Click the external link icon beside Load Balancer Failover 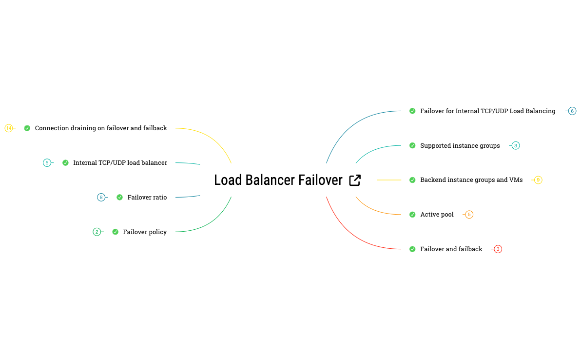point(355,180)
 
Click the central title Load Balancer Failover point(278,180)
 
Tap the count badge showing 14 point(9,128)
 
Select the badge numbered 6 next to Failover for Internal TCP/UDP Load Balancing point(572,111)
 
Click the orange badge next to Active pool point(469,215)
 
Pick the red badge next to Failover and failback point(498,249)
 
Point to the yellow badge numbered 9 point(538,180)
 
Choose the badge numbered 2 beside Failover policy point(97,232)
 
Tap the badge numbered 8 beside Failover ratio point(101,198)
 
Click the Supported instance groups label point(460,146)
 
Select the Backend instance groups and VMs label point(471,180)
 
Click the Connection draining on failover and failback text point(101,128)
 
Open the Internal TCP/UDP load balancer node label point(120,163)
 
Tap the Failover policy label point(145,232)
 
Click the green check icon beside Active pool point(412,215)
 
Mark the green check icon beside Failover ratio point(119,198)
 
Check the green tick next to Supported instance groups point(412,146)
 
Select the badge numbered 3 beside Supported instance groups point(516,146)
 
